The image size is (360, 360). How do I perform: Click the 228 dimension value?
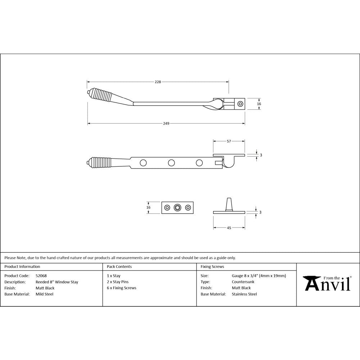pyautogui.click(x=158, y=82)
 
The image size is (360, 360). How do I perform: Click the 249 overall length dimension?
pyautogui.click(x=166, y=123)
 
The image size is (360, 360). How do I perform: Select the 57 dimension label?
pyautogui.click(x=229, y=141)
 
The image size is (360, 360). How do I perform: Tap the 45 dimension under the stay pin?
pyautogui.click(x=229, y=228)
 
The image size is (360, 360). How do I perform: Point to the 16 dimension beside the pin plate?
pyautogui.click(x=148, y=207)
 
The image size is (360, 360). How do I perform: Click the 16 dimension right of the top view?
pyautogui.click(x=259, y=104)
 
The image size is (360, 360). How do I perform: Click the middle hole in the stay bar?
pyautogui.click(x=171, y=163)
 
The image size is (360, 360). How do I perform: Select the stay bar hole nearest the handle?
pyautogui.click(x=143, y=163)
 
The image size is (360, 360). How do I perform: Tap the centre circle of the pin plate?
pyautogui.click(x=177, y=207)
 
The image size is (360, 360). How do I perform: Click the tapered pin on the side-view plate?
pyautogui.click(x=229, y=204)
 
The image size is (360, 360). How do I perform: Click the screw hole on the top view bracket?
pyautogui.click(x=240, y=104)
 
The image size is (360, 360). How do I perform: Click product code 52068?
pyautogui.click(x=41, y=276)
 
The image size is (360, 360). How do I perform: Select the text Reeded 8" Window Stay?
pyautogui.click(x=57, y=282)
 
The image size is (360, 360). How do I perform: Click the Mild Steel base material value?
pyautogui.click(x=44, y=294)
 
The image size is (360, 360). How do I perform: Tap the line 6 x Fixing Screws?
pyautogui.click(x=122, y=288)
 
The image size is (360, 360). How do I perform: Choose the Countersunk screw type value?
pyautogui.click(x=243, y=282)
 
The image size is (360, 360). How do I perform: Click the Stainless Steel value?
pyautogui.click(x=244, y=294)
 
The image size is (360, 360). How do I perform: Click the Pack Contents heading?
pyautogui.click(x=119, y=267)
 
